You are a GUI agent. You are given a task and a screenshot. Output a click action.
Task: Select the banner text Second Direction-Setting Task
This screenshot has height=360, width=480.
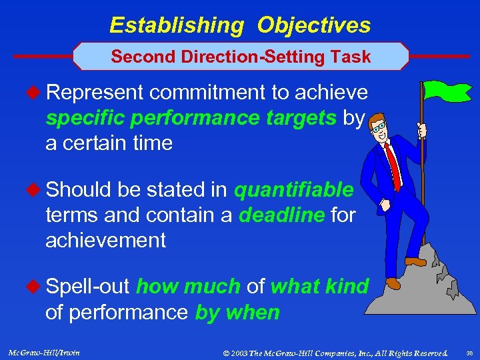(241, 57)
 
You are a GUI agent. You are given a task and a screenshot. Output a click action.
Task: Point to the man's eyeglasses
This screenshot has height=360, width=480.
(379, 126)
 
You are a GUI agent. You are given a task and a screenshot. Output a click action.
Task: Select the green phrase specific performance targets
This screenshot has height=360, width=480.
(191, 119)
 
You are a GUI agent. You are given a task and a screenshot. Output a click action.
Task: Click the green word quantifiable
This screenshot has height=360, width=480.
(293, 191)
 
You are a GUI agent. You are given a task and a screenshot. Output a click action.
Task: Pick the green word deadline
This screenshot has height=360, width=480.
(281, 215)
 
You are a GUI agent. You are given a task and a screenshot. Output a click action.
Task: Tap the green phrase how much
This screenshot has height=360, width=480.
(188, 287)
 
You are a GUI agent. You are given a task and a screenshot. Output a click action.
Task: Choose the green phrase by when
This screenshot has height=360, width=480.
(237, 312)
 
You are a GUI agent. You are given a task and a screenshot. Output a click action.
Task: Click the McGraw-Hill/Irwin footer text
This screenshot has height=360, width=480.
(45, 352)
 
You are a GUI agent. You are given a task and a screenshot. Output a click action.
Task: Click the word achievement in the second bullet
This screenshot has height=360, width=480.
(105, 240)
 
